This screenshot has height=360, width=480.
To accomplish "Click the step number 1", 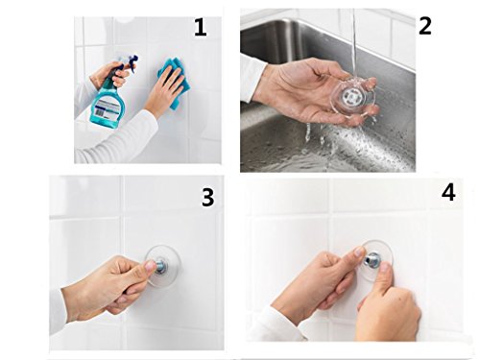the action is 201,28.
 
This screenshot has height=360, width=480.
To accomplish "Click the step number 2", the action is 425,26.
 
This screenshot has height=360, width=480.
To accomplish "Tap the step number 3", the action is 208,197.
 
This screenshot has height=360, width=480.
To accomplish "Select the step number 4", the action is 448,193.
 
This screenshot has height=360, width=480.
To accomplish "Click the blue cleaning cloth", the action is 175,82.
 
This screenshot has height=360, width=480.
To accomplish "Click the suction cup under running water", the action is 353,97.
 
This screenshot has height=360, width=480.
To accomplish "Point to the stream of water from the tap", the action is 354,48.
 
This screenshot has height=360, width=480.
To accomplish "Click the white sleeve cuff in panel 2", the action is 252,78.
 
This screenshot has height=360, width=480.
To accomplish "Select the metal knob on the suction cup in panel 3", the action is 161,267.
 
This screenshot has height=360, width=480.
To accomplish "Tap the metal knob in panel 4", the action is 373,258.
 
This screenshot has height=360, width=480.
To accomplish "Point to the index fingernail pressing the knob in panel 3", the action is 151,266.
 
